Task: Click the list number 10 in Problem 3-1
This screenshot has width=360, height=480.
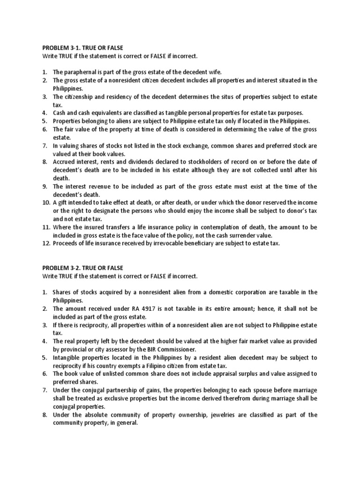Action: [46, 202]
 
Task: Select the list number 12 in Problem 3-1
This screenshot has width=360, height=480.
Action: [46, 243]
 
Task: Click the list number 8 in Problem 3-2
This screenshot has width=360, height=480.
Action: [45, 414]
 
